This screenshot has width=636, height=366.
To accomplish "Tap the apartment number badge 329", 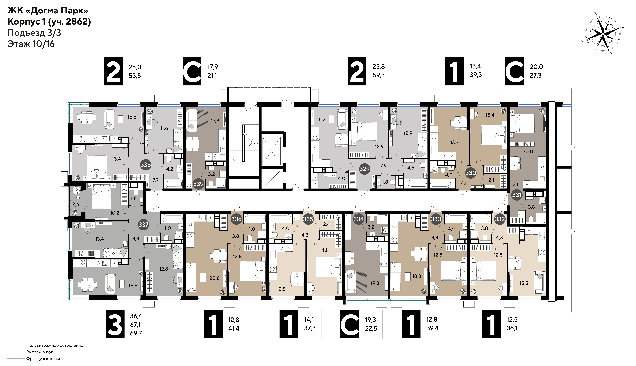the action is [x=364, y=169].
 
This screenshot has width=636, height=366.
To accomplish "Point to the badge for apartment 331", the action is [x=517, y=195].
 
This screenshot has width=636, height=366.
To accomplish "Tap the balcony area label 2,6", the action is [x=76, y=204].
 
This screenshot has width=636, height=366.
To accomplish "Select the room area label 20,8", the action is [x=214, y=278].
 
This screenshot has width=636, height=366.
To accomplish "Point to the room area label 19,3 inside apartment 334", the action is [x=375, y=283].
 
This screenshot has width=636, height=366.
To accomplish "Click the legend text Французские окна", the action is [x=45, y=359].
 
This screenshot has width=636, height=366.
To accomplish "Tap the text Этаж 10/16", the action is [x=31, y=44].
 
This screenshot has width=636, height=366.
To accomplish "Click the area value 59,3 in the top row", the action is [x=379, y=75].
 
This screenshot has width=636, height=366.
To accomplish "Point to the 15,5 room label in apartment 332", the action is [x=524, y=283].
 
